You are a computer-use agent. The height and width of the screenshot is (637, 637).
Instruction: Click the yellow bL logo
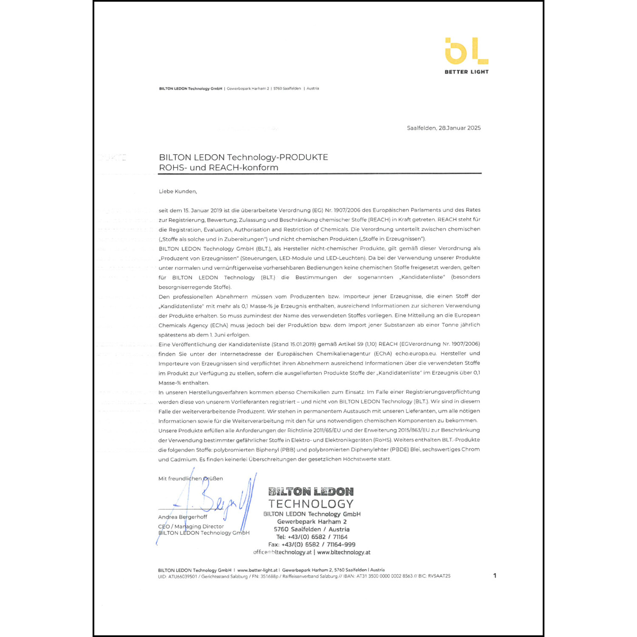466,51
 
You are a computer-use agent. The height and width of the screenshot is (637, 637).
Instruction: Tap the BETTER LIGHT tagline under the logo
466,72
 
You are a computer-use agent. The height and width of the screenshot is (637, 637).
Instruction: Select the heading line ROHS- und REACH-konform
219,167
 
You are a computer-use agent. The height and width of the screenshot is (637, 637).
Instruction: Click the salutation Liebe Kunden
178,192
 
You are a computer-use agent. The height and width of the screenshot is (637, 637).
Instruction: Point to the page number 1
495,575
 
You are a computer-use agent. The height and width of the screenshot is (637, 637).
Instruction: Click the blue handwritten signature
217,501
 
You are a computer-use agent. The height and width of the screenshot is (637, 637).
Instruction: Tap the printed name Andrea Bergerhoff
183,517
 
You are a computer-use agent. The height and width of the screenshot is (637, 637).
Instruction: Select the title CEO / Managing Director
191,526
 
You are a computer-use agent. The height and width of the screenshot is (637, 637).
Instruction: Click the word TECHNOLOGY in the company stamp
311,504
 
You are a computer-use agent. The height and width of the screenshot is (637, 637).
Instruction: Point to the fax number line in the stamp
312,544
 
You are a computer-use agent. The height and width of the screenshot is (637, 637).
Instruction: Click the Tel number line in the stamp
312,537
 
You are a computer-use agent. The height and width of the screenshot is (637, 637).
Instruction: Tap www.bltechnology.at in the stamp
344,552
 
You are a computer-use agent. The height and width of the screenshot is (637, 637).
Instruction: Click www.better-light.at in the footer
257,570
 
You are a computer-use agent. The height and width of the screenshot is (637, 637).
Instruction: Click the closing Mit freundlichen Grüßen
190,479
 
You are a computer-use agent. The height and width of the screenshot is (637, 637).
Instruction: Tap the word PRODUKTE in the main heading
304,157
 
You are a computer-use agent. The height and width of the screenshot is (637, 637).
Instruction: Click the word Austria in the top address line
313,88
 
